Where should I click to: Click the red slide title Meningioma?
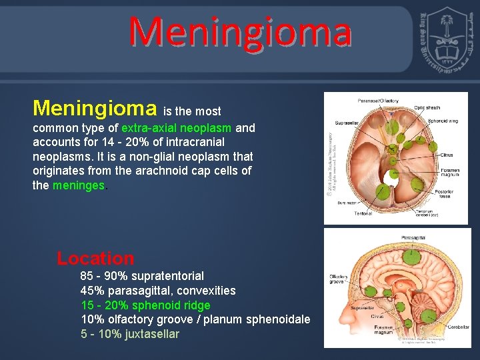point(240,32)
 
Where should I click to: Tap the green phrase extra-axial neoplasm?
point(176,127)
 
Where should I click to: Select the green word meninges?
point(79,185)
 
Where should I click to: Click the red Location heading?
point(95,259)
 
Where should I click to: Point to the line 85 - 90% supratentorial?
point(142,276)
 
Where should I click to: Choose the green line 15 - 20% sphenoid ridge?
point(145,305)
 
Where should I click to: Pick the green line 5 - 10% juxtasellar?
point(129,334)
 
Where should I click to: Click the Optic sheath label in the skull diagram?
point(428,107)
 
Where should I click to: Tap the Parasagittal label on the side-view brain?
point(414,237)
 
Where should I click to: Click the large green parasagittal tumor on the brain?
point(413,255)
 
